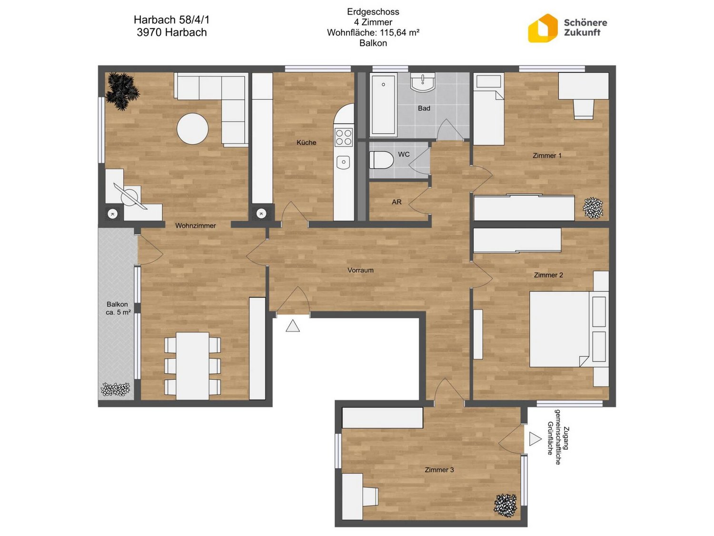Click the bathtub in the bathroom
click(x=383, y=105)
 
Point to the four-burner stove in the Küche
click(x=344, y=137)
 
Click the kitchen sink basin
click(x=343, y=162)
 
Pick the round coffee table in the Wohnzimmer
click(x=192, y=129)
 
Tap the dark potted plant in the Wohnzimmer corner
click(x=122, y=91)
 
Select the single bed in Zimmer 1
click(x=488, y=109)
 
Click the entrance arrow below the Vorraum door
click(x=292, y=326)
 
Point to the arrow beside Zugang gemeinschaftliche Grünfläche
click(x=535, y=439)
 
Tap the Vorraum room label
click(x=360, y=270)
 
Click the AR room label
click(x=396, y=202)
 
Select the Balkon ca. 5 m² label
click(x=118, y=308)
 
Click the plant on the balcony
click(x=116, y=389)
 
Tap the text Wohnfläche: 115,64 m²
click(x=373, y=32)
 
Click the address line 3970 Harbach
click(x=172, y=32)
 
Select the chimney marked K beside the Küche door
click(x=261, y=213)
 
